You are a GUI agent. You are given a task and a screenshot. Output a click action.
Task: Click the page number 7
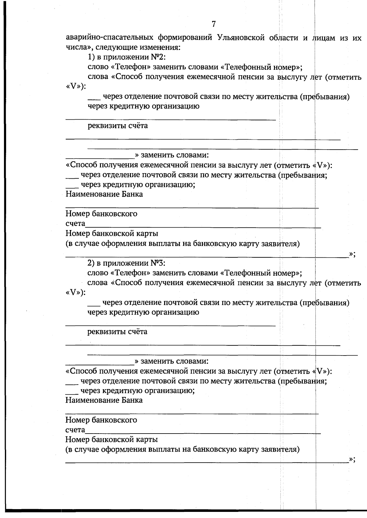(x=213, y=24)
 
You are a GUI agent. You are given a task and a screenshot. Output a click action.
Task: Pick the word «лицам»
(x=324, y=38)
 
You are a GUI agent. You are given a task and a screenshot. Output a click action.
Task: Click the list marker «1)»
(x=91, y=58)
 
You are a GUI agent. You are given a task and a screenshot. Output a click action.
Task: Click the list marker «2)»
(x=91, y=263)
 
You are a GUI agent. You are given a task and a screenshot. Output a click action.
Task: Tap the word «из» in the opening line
(x=343, y=38)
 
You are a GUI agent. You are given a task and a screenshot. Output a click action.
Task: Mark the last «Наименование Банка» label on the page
(x=104, y=400)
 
